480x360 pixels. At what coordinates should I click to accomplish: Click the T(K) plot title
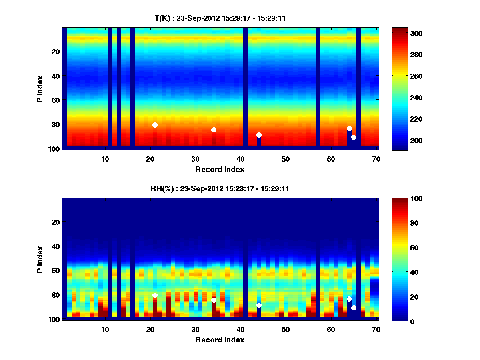pyautogui.click(x=220, y=18)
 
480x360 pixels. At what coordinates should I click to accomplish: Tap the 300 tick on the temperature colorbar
pyautogui.click(x=402, y=33)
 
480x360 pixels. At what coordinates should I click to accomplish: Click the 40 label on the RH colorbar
pyautogui.click(x=400, y=272)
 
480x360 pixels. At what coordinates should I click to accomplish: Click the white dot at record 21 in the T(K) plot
pyautogui.click(x=155, y=125)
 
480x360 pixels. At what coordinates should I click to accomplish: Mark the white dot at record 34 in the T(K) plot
pyautogui.click(x=214, y=130)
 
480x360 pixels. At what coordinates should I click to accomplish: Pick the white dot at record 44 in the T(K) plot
pyautogui.click(x=259, y=135)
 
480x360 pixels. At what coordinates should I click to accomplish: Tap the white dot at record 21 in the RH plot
pyautogui.click(x=155, y=296)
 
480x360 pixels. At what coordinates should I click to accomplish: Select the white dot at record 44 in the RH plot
pyautogui.click(x=259, y=306)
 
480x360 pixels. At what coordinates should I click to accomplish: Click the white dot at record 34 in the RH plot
pyautogui.click(x=214, y=300)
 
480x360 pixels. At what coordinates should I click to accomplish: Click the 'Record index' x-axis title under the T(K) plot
pyautogui.click(x=220, y=169)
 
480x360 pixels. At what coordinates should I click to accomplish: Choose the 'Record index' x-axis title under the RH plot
pyautogui.click(x=220, y=340)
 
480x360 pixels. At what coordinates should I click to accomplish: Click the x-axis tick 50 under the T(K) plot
pyautogui.click(x=286, y=159)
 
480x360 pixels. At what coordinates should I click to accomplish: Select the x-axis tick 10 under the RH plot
pyautogui.click(x=105, y=329)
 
